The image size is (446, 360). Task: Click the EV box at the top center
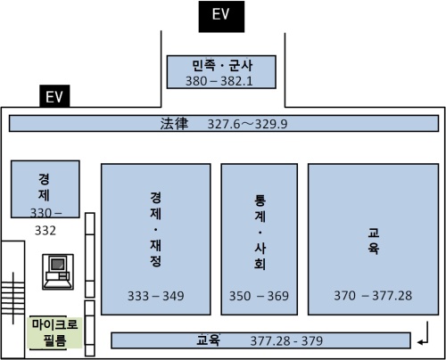[221, 16]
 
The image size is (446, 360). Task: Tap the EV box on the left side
[54, 96]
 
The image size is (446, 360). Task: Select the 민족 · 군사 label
[222, 66]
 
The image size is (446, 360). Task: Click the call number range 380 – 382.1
[219, 81]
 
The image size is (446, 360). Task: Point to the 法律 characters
[174, 124]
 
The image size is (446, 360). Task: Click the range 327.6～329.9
[247, 124]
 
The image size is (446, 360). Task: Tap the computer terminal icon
[58, 272]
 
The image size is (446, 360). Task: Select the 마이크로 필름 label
[54, 332]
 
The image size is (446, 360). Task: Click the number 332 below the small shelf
[45, 231]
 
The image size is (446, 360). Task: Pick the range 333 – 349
[156, 296]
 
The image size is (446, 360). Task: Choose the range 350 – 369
[259, 296]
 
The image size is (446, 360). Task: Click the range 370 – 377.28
[373, 296]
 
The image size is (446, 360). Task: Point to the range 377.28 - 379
[286, 341]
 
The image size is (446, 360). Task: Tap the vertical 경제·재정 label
[156, 229]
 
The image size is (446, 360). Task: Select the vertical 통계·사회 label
[260, 232]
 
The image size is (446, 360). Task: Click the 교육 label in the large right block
[373, 241]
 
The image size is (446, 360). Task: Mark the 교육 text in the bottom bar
[209, 340]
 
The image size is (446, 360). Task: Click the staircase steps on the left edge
[12, 298]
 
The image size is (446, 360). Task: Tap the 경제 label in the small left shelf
[44, 187]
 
